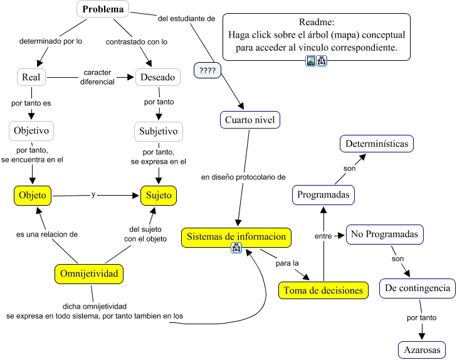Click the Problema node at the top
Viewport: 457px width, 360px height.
(x=103, y=9)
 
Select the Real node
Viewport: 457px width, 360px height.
(x=31, y=77)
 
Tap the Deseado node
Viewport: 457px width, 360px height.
(x=159, y=77)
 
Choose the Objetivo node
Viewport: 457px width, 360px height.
(x=31, y=131)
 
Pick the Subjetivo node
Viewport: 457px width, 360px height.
(x=157, y=132)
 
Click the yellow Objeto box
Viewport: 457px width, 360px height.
(x=33, y=195)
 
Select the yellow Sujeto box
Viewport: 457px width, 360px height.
(x=159, y=195)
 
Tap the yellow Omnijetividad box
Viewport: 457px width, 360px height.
(x=88, y=273)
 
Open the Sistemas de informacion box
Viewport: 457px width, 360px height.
(x=236, y=236)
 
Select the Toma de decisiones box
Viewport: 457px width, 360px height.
(x=323, y=290)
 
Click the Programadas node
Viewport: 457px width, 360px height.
(x=323, y=194)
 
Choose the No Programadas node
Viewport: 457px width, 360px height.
(x=384, y=234)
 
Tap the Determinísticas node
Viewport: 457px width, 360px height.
(x=377, y=144)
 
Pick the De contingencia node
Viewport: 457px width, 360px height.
(x=418, y=289)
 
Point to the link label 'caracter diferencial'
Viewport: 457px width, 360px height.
(x=97, y=77)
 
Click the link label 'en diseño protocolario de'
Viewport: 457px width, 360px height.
(x=243, y=177)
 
